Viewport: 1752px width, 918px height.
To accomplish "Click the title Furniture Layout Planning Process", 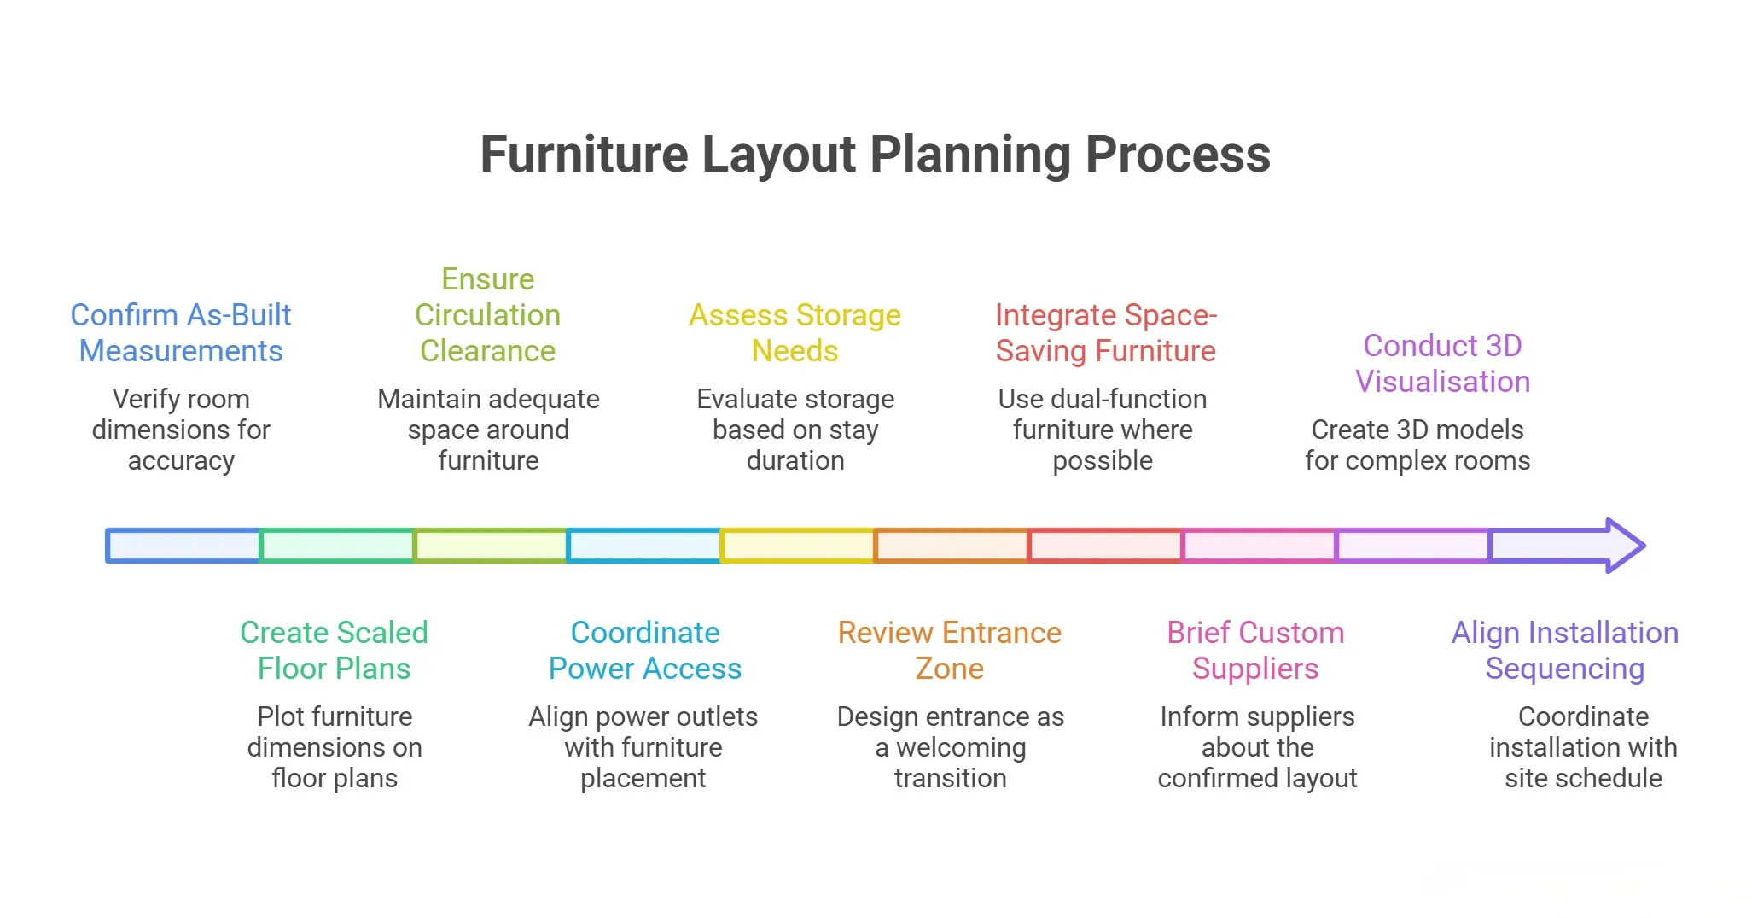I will tap(875, 155).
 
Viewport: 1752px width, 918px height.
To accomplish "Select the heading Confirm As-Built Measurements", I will tap(181, 333).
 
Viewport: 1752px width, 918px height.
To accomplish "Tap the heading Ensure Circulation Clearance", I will tap(487, 315).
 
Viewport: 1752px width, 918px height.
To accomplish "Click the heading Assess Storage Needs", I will tap(795, 333).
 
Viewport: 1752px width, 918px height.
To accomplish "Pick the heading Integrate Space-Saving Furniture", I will tap(1105, 333).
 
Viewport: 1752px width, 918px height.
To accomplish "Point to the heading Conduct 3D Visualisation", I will tap(1442, 364).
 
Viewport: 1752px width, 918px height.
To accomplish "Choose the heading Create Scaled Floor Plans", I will tap(334, 651).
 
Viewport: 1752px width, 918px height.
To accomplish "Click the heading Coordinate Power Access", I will tap(644, 651).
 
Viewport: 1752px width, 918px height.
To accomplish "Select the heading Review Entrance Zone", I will tap(949, 651).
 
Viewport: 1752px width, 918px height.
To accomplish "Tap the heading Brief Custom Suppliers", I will tap(1255, 651).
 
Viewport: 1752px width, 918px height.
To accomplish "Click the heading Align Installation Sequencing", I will tap(1565, 651).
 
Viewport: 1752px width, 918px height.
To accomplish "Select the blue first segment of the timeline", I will tap(183, 546).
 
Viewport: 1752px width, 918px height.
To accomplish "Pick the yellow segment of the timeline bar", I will tap(798, 546).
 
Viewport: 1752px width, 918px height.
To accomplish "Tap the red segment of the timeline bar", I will tap(1105, 546).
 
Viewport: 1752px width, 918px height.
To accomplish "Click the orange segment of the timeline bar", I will tap(952, 546).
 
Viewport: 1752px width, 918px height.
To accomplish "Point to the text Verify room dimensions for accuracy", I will tap(181, 430).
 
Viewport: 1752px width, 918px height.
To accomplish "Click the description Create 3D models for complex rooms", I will tap(1417, 445).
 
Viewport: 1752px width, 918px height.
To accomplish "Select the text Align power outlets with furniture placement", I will tap(643, 747).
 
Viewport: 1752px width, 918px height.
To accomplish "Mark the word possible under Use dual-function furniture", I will tap(1103, 461).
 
